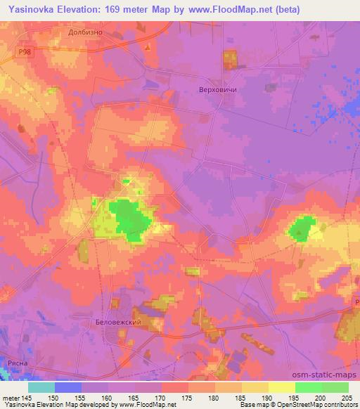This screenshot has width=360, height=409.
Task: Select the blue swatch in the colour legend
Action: click(67, 387)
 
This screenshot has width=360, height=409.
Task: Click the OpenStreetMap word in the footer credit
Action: click(288, 405)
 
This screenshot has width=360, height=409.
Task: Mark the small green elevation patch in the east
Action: click(302, 229)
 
